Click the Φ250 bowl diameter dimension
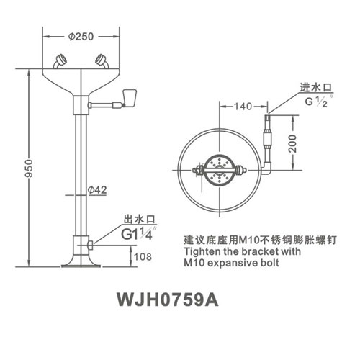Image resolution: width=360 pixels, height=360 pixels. pos(81,37)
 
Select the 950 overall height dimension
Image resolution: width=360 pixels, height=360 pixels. pos(29,168)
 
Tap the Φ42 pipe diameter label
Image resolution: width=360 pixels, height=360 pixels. pos(97,190)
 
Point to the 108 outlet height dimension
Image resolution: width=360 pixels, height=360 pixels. pos(143,256)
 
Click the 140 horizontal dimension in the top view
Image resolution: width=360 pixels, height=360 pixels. pos(243,107)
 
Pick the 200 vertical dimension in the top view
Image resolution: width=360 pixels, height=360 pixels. pos(292,143)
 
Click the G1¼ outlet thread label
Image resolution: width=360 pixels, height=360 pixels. pos(138,233)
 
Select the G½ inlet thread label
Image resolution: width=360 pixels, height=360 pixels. pos(318,101)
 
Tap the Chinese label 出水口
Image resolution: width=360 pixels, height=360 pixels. pos(140,220)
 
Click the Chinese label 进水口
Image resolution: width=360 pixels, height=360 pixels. pos(316,88)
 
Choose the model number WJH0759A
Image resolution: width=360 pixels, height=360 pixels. pos(168,300)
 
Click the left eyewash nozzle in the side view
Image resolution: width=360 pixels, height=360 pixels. pos(60,61)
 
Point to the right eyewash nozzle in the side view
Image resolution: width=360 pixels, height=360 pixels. pos(102,61)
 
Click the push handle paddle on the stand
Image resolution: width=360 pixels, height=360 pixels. pos(130,98)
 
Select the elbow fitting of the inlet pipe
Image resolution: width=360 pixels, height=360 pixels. pos(268,168)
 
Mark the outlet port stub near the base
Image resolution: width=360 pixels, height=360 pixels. pos(91,246)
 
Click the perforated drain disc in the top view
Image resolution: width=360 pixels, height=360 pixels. pos(220,170)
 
